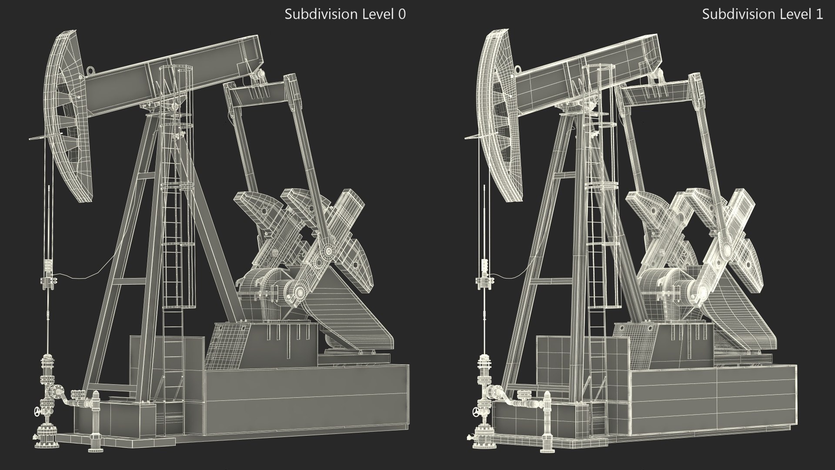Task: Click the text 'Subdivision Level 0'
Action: click(345, 14)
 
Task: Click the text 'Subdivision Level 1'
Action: click(762, 14)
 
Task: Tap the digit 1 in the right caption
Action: click(819, 14)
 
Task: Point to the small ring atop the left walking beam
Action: click(90, 69)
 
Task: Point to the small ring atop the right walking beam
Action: click(518, 68)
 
